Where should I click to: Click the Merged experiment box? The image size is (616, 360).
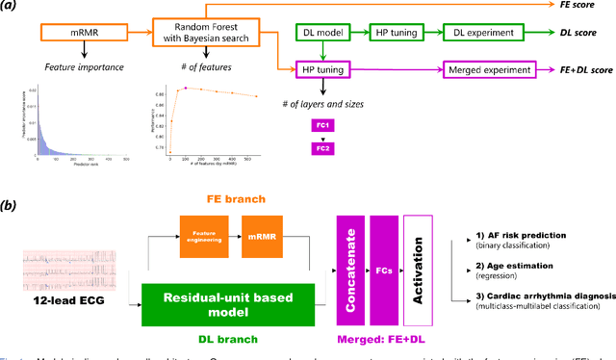488,70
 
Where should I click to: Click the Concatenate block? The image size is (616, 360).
352,272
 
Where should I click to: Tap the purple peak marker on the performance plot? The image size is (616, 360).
186,88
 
